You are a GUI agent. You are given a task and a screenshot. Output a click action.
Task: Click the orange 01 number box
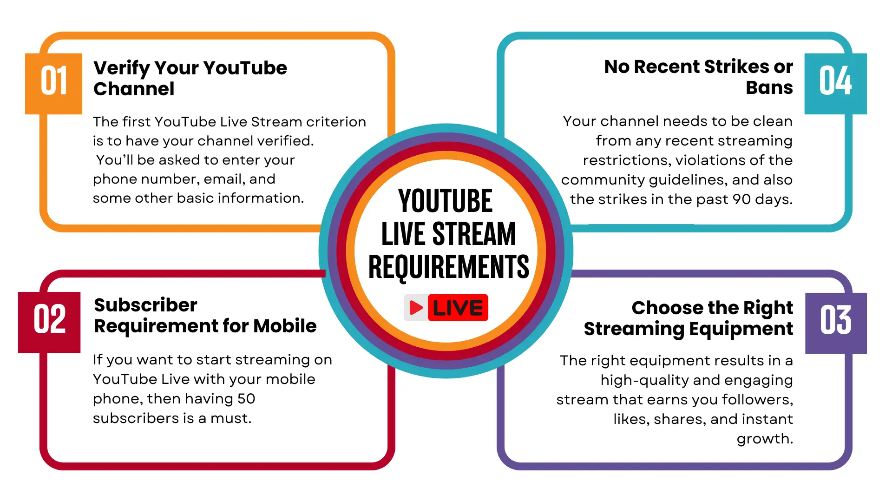click(x=53, y=83)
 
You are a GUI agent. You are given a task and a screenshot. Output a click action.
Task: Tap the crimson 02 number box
click(x=49, y=322)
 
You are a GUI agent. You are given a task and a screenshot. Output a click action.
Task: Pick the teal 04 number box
click(x=835, y=83)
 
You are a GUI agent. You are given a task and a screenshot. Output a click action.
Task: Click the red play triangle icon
click(x=416, y=308)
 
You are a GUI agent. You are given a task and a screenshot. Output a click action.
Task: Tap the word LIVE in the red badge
click(x=458, y=308)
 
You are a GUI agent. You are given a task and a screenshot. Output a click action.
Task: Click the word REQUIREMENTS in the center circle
click(x=448, y=267)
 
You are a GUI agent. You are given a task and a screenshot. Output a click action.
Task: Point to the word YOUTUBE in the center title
click(x=445, y=201)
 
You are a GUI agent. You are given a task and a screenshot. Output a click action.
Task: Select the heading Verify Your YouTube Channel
click(x=190, y=78)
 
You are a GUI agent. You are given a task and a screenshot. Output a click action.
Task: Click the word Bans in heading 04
click(x=769, y=88)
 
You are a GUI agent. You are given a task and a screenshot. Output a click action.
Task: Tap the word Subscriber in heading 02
click(x=145, y=305)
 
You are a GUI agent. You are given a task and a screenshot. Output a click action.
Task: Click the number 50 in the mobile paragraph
click(x=246, y=399)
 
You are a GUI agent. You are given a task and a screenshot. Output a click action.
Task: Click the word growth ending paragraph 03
click(x=764, y=439)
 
